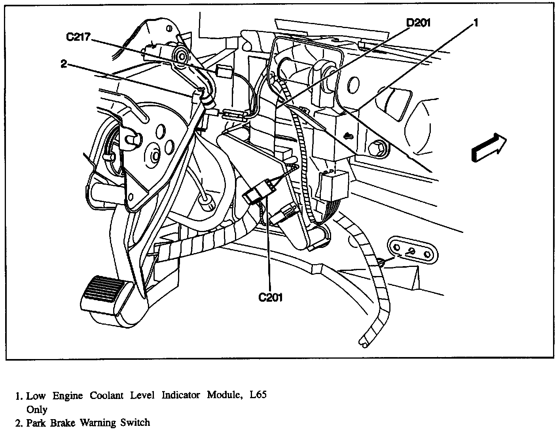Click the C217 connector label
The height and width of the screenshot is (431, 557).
coord(78,37)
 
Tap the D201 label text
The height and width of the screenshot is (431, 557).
coord(418,23)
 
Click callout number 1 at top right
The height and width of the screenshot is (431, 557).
coord(476,23)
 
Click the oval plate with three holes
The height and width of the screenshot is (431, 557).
coord(413,250)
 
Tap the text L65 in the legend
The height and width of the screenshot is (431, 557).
coord(258,395)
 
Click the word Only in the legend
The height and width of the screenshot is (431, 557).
coord(36,409)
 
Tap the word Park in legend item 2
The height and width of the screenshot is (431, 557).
coord(35,423)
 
